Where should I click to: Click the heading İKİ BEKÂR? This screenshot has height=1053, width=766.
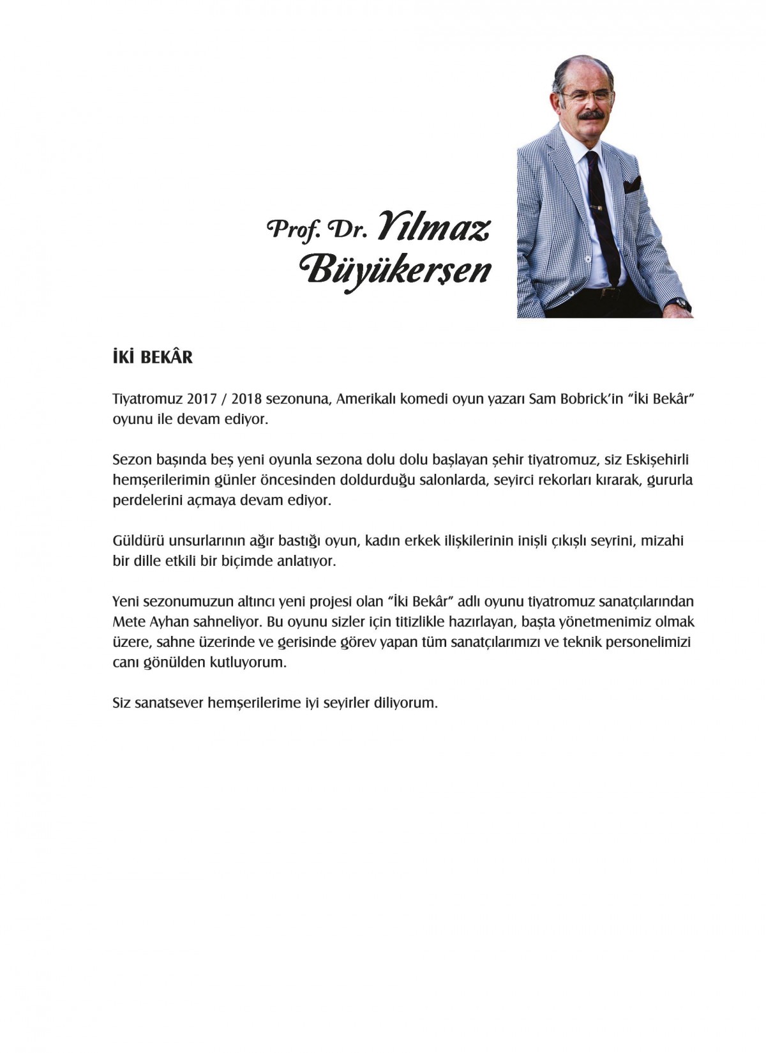tap(152, 357)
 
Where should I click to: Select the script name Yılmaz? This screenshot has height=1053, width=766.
tap(433, 226)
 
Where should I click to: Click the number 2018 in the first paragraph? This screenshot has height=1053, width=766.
tap(247, 400)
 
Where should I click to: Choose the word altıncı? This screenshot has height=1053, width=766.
tap(251, 602)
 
